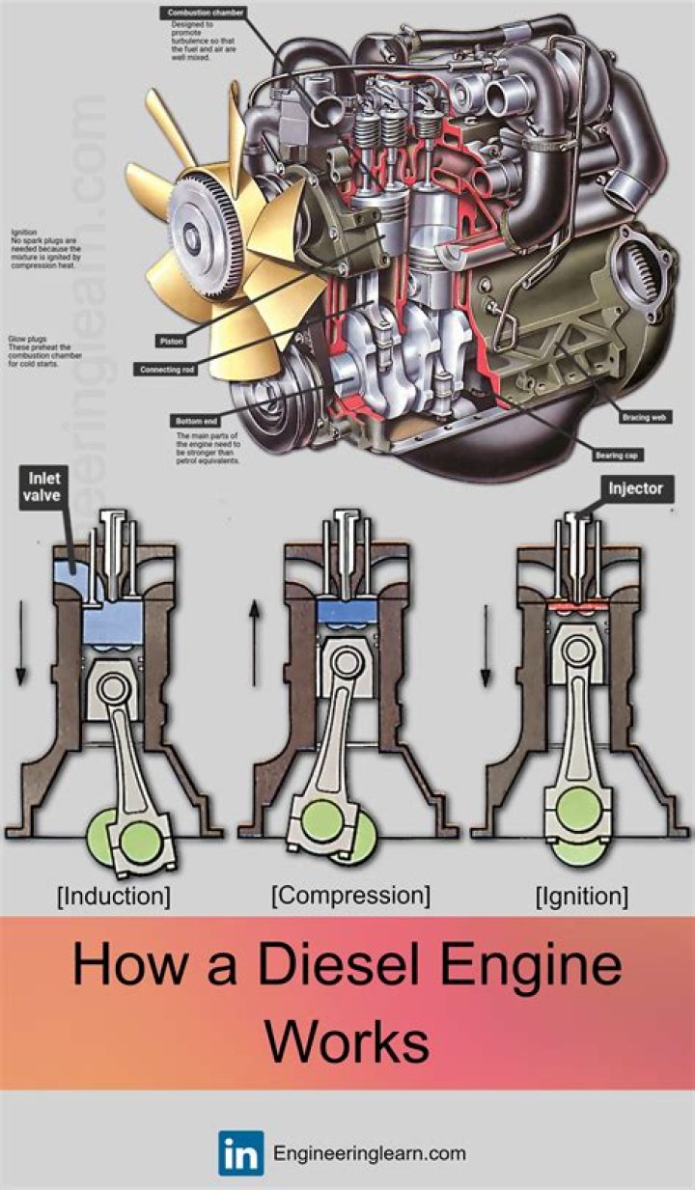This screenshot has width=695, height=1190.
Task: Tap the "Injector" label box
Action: pyautogui.click(x=634, y=488)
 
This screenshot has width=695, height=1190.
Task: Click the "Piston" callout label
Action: pyautogui.click(x=171, y=341)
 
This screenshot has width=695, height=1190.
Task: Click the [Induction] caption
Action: pyautogui.click(x=114, y=896)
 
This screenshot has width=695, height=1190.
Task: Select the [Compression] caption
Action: pyautogui.click(x=350, y=895)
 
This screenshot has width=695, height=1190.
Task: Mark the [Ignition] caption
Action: pyautogui.click(x=581, y=896)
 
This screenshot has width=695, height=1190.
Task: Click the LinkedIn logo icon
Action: pyautogui.click(x=240, y=1153)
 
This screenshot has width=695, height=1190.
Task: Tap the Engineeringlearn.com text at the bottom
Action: pyautogui.click(x=370, y=1153)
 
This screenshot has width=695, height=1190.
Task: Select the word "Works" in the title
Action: pyautogui.click(x=347, y=1040)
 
